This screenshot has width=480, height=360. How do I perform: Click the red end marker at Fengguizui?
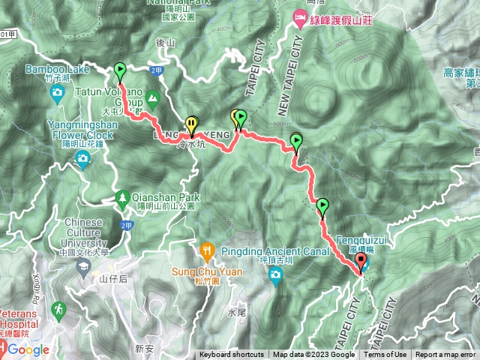(x=361, y=262)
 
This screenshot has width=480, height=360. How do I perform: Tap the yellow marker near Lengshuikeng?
(x=192, y=124)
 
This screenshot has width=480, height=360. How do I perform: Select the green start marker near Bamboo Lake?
(x=120, y=71)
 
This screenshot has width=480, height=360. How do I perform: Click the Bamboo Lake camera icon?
(x=57, y=94)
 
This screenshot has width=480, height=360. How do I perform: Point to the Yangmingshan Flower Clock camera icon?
(x=82, y=157)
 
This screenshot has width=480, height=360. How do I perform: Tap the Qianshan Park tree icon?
(x=121, y=198)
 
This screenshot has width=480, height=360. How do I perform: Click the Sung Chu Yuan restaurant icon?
(x=207, y=250)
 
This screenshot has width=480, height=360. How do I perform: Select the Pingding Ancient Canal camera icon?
(x=275, y=276)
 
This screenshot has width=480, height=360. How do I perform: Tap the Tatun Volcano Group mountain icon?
(x=153, y=97)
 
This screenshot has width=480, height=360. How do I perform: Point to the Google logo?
(x=28, y=350)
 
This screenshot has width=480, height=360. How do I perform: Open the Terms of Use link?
(x=385, y=355)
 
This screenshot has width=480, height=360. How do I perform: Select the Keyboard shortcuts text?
(x=232, y=355)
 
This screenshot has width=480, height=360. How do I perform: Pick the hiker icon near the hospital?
(x=58, y=309)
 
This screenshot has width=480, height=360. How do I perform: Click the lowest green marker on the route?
(x=322, y=205)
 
